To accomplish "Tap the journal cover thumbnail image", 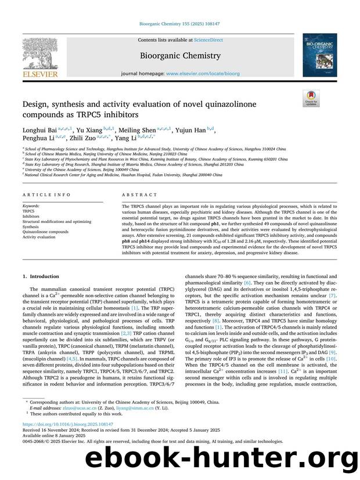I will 319,55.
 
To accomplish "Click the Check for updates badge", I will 311,98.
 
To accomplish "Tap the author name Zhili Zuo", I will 80,139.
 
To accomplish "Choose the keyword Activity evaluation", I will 38,237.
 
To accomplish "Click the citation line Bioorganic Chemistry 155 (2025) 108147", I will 179,24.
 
